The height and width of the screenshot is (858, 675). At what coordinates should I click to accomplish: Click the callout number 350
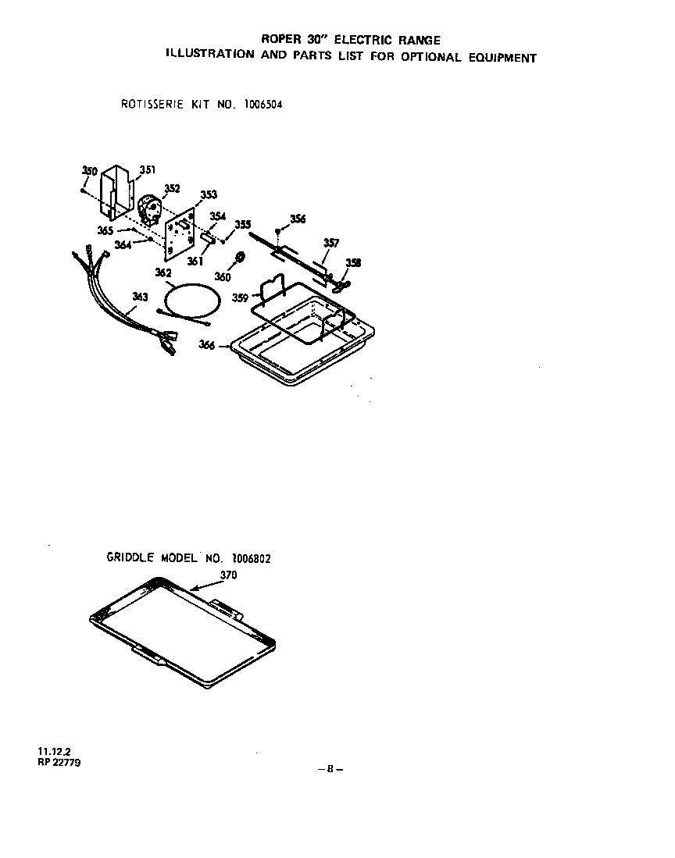[x=89, y=171]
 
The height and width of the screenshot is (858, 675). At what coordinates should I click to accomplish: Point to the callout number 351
[x=148, y=169]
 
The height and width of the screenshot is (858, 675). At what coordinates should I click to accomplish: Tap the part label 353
[x=209, y=195]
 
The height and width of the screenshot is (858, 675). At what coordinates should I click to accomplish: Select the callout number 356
[x=298, y=219]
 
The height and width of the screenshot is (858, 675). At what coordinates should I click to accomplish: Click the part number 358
[x=353, y=263]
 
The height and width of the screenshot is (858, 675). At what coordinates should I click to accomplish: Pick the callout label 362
[x=163, y=273]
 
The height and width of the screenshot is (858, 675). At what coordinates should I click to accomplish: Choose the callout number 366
[x=207, y=345]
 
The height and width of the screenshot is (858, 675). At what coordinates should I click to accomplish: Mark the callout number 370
[x=228, y=575]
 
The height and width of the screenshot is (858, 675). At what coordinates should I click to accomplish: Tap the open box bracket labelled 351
[x=115, y=191]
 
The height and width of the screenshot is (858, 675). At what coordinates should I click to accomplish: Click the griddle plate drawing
[x=184, y=628]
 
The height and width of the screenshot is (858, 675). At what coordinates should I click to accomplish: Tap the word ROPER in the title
[x=280, y=40]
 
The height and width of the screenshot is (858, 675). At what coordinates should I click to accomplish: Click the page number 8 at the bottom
[x=330, y=768]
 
